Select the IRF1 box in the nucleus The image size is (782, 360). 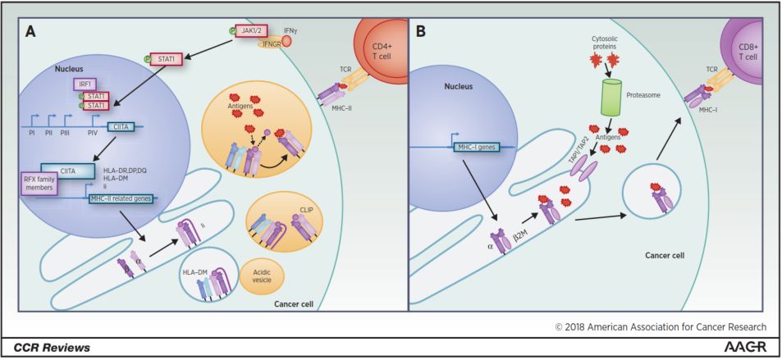[83, 83]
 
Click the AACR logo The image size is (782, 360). [749, 347]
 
